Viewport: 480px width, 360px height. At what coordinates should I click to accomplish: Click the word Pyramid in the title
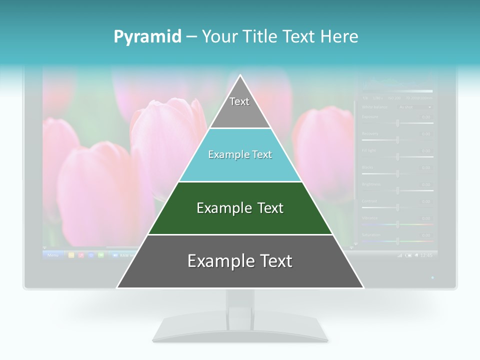[x=147, y=37]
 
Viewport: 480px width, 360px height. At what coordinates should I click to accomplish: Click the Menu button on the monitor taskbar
[x=53, y=255]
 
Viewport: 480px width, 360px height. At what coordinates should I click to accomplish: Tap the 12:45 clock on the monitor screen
[x=426, y=255]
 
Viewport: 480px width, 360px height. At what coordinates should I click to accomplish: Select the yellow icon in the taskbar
[x=71, y=255]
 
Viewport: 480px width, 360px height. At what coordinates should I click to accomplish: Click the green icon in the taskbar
[x=101, y=255]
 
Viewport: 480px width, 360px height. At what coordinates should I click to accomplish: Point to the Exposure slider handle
[x=397, y=122]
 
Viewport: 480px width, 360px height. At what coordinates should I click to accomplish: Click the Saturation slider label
[x=371, y=234]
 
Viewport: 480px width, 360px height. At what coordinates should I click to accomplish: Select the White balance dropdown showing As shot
[x=414, y=106]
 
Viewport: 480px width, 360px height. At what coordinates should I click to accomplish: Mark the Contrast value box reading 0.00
[x=425, y=201]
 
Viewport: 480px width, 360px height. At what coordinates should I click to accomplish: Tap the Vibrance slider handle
[x=397, y=224]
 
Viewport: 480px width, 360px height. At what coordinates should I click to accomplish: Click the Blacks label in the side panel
[x=367, y=167]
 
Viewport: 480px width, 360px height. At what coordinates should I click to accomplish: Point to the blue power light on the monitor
[x=432, y=277]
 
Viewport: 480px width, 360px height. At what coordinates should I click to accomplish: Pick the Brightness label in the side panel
[x=371, y=184]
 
